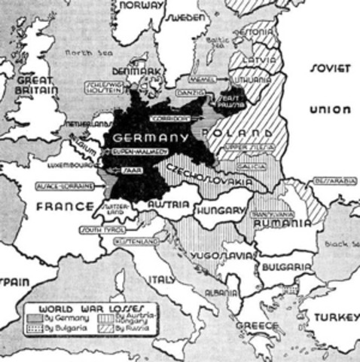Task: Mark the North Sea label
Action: [x=78, y=54]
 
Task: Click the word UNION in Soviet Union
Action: [x=329, y=110]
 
